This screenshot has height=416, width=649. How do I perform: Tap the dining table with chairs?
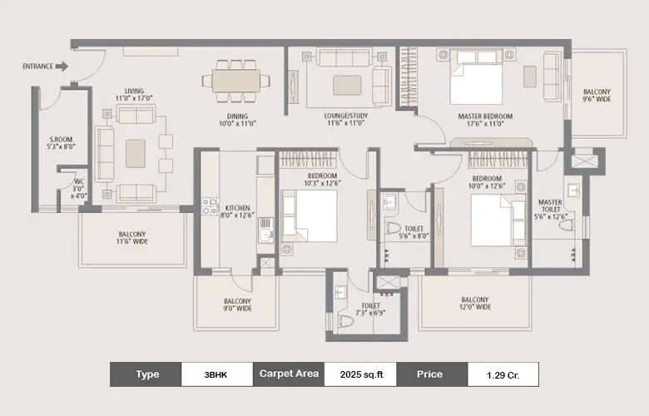[235, 81]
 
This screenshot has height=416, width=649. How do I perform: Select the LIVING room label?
[133, 94]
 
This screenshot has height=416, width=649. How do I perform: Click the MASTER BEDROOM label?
[485, 121]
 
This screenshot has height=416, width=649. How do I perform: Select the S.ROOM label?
[62, 142]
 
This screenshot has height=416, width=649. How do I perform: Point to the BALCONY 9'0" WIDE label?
[237, 305]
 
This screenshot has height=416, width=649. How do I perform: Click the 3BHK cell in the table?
[215, 374]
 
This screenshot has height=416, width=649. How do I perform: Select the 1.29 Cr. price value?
[502, 374]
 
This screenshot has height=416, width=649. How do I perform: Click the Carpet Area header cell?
[288, 374]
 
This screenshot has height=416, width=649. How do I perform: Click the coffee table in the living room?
[135, 153]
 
